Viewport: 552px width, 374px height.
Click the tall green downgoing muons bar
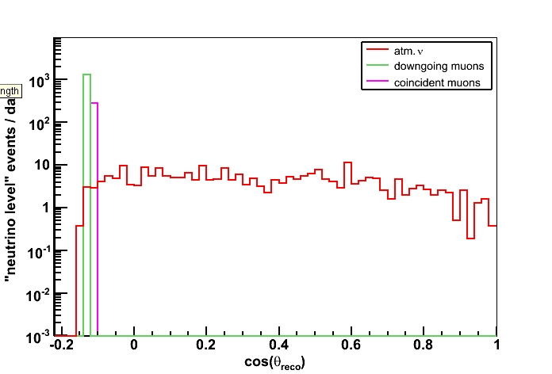[x=86, y=198]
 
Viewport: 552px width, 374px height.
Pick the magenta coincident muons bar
[x=94, y=214]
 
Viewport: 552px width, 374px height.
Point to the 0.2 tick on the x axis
[x=206, y=346]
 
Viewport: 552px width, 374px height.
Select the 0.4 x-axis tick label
[x=278, y=346]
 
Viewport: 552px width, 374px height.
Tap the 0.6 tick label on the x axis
[x=351, y=346]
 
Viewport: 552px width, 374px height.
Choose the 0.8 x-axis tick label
[x=424, y=346]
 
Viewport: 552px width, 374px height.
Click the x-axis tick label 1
[x=496, y=346]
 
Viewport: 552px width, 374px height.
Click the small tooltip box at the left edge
[x=10, y=91]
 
